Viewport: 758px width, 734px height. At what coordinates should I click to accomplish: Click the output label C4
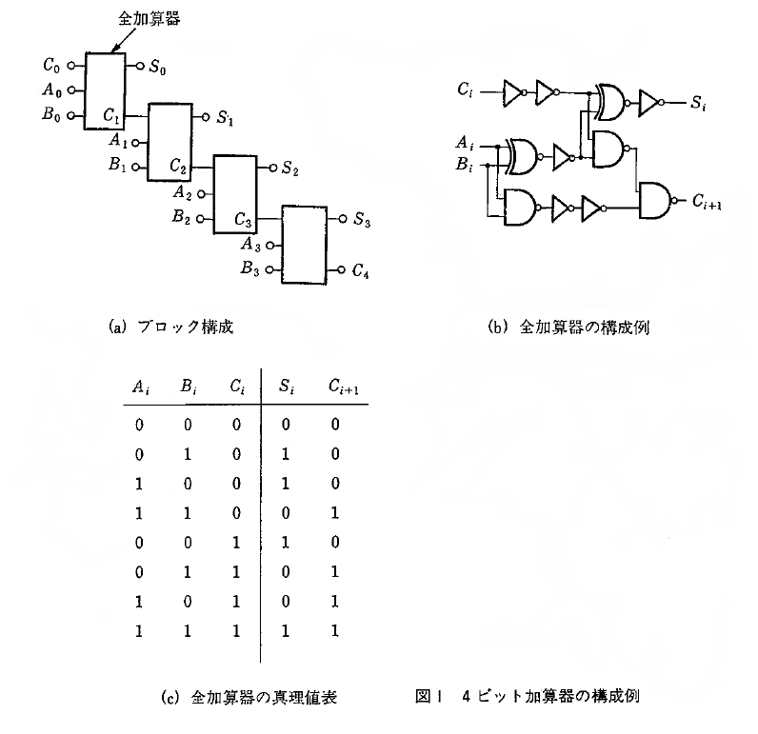click(360, 273)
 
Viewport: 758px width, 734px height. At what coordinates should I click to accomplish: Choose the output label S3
click(362, 221)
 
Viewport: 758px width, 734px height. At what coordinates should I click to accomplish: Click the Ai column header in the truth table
click(138, 387)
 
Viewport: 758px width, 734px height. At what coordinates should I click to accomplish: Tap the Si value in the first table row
click(284, 424)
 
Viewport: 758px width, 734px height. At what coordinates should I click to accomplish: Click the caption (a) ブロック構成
click(172, 327)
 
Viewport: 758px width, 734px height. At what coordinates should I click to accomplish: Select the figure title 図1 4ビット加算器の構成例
click(527, 696)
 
